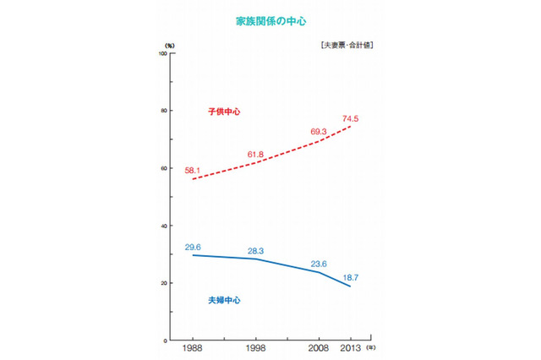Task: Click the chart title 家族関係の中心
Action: tap(270, 18)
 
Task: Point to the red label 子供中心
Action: tap(224, 112)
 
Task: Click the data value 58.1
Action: tap(193, 171)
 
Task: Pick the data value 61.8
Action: tap(256, 154)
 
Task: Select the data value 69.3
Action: tap(319, 132)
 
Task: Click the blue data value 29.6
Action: tap(194, 247)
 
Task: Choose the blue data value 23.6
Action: tap(319, 263)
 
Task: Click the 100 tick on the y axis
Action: tap(161, 53)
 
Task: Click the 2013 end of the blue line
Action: tap(350, 286)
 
